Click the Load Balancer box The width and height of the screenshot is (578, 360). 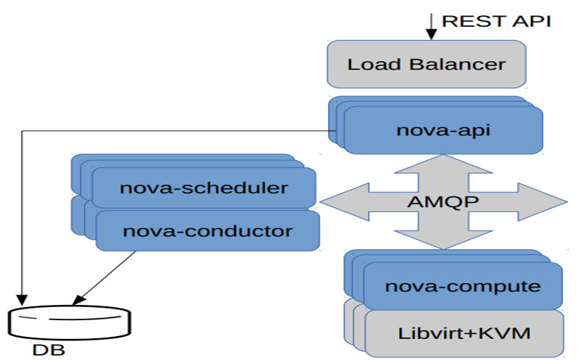click(426, 64)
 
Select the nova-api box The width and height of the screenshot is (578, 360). click(443, 130)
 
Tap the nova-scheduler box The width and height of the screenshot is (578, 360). click(204, 188)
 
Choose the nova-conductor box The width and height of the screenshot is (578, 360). click(207, 231)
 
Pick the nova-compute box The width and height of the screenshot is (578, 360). click(462, 285)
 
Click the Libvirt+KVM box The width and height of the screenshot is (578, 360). click(464, 333)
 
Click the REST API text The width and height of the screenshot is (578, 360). click(496, 20)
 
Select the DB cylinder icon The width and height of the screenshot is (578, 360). click(71, 322)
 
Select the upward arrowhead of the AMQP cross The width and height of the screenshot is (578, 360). click(442, 163)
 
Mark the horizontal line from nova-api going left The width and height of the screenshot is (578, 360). click(174, 131)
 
